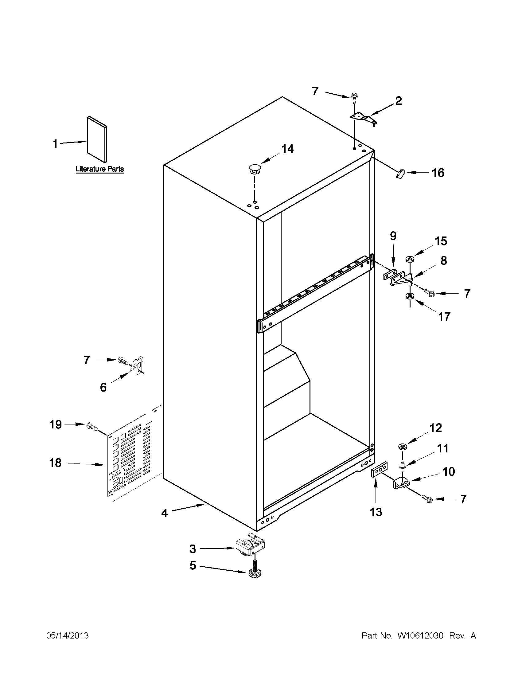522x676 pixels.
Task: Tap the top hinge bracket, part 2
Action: click(364, 119)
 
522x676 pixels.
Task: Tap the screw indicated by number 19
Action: click(92, 427)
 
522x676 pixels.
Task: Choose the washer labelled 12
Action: click(402, 447)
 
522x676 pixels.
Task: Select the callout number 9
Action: click(393, 236)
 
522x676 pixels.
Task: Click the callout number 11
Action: click(442, 448)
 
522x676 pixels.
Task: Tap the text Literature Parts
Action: click(99, 169)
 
